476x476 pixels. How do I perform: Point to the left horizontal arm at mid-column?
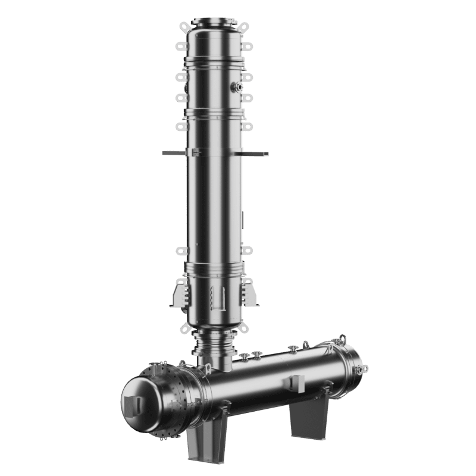(173, 152)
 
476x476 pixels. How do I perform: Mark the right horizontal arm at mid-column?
(256, 154)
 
